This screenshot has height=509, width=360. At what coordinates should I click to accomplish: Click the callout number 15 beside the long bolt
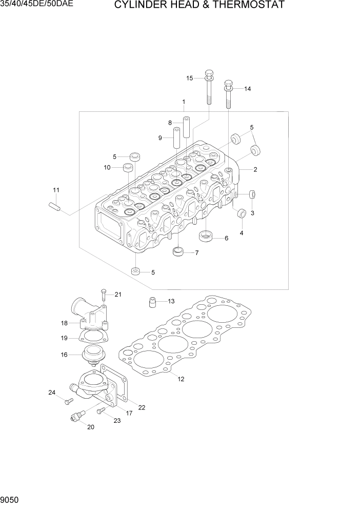[x=189, y=78]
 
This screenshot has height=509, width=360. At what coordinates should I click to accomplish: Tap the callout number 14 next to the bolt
[x=247, y=89]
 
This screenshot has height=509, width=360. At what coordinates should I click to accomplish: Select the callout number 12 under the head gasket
[x=181, y=379]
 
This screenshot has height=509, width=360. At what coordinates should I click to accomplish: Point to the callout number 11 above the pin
[x=56, y=190]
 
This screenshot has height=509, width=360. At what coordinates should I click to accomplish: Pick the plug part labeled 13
[x=152, y=302]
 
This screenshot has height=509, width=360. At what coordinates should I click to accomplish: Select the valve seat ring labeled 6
[x=206, y=237]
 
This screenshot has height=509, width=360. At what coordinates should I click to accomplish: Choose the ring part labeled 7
[x=178, y=252]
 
